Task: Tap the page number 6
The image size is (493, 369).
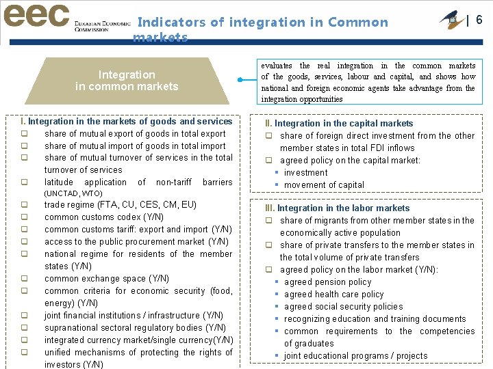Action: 479,20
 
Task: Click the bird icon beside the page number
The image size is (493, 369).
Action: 450,18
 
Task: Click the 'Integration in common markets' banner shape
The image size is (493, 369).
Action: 127,81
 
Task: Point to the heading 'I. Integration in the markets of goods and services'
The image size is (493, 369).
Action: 127,122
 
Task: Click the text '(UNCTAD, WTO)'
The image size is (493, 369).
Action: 73,193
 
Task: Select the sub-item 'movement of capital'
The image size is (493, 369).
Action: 324,185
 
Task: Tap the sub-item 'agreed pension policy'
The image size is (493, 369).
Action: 327,282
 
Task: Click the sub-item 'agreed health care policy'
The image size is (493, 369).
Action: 334,295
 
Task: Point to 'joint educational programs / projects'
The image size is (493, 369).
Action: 355,356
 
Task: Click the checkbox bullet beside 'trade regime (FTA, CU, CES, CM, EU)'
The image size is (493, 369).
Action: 24,205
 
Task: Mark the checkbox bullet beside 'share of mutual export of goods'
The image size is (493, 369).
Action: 24,134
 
